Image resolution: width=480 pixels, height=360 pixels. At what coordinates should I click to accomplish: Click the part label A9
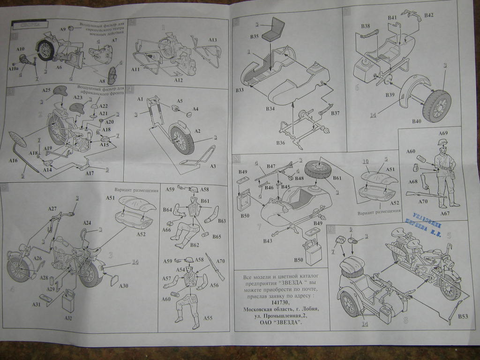click(x=63, y=30)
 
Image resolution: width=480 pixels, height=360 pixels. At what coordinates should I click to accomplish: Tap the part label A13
click(x=212, y=40)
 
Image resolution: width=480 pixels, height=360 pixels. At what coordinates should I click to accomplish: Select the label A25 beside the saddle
click(x=46, y=90)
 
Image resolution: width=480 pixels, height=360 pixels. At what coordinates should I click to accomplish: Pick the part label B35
click(x=255, y=36)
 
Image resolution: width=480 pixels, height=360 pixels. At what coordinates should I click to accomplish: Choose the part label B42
click(x=428, y=15)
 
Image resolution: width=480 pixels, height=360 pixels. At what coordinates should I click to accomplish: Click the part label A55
click(x=208, y=318)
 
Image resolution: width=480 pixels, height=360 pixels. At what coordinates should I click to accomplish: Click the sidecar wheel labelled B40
click(x=436, y=106)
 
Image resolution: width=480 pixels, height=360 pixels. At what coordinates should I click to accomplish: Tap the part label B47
click(x=271, y=166)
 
